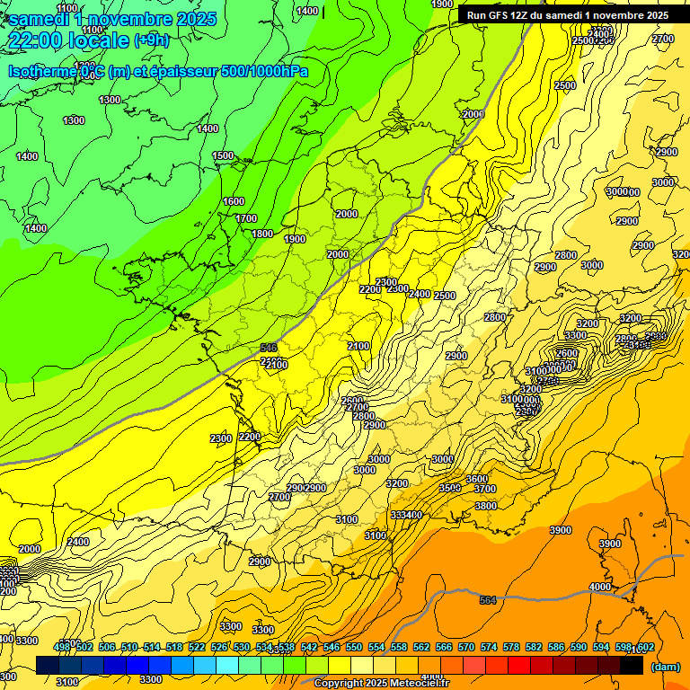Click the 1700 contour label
click(245, 218)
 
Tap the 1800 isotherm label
click(262, 234)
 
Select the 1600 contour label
click(234, 201)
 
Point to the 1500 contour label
click(223, 155)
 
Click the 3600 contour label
click(476, 479)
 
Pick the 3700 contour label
click(485, 489)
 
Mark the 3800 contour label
click(485, 506)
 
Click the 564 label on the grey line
click(488, 600)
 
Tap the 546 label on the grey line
click(268, 347)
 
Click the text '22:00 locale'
click(67, 40)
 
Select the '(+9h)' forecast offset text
click(151, 40)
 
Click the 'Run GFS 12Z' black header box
click(567, 15)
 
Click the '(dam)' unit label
click(665, 667)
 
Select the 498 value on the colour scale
click(61, 647)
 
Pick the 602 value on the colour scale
click(644, 647)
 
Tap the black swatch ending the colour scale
click(632, 665)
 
